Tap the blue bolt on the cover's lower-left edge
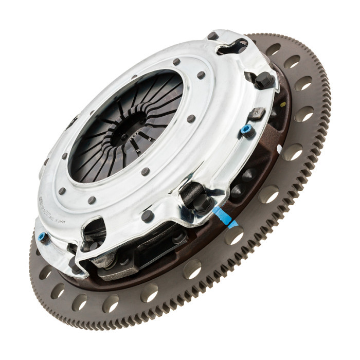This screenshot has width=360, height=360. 43,237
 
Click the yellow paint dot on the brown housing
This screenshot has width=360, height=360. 280,149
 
